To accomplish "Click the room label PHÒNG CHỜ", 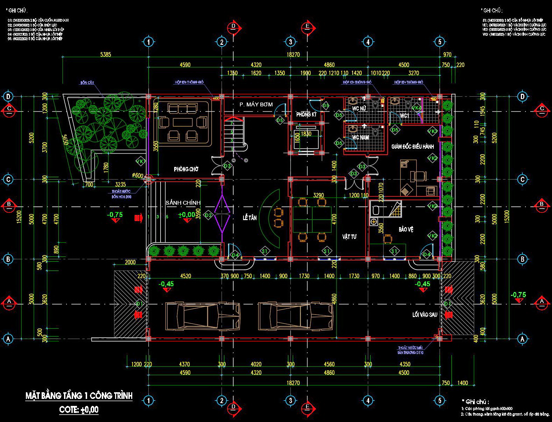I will [186, 169].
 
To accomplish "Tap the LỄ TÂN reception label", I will [250, 218].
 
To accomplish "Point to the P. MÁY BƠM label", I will [256, 105].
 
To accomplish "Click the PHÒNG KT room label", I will [306, 114].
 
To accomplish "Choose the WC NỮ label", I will [359, 109].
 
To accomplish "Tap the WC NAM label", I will [360, 138].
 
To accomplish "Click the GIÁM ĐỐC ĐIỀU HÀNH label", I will [413, 147].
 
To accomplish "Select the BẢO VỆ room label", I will [406, 230].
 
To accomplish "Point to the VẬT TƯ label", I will [349, 237].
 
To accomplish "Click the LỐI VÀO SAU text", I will [425, 315].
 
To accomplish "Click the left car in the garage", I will [203, 316].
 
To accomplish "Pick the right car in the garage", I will [296, 316].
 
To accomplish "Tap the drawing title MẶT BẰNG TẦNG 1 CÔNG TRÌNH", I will [79, 396].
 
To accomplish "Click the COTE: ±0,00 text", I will [79, 410].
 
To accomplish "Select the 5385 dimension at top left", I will [105, 55].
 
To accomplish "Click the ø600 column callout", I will [137, 175].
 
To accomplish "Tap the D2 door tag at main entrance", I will [209, 215].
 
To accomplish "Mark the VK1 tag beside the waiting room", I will [141, 161].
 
